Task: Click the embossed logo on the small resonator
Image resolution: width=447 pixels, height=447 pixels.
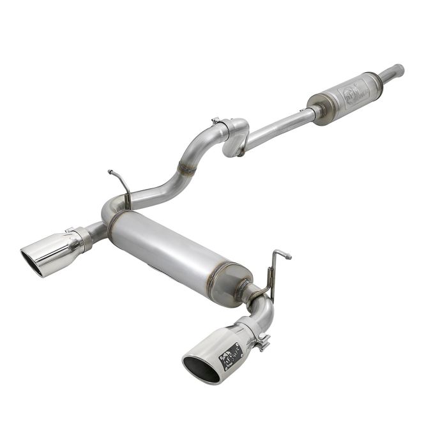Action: pos(352,93)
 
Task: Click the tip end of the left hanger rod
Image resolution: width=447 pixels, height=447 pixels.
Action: pos(111,172)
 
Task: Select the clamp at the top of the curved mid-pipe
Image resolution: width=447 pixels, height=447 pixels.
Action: pos(219,122)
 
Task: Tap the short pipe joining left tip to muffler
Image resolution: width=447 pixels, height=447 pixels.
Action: pos(96,231)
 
